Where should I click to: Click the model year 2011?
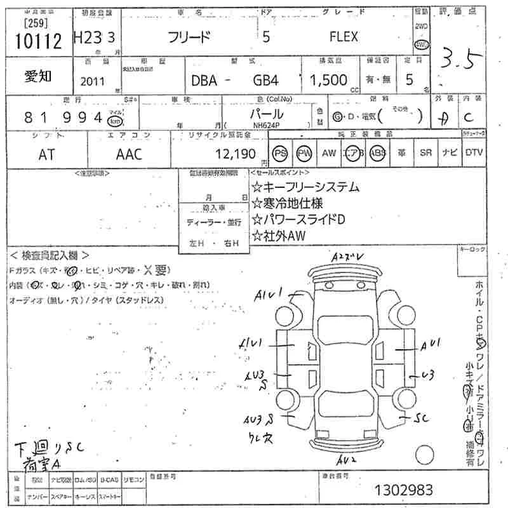point(94,81)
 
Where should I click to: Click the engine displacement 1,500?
point(328,81)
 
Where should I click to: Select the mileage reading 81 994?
point(63,117)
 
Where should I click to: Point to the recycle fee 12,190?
point(236,154)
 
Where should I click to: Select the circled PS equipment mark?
point(280,153)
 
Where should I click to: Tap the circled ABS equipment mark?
point(378,153)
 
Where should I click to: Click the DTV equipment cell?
point(474,153)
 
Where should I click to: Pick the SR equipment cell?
point(425,153)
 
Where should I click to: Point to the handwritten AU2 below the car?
point(348,458)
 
